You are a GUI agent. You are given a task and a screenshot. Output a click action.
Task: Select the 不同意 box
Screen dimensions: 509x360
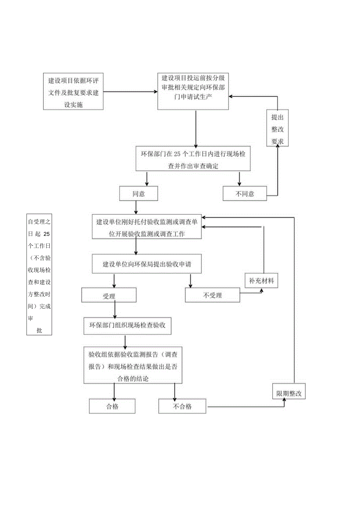(x=245, y=194)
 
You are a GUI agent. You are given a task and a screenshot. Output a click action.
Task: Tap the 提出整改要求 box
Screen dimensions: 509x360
(x=277, y=128)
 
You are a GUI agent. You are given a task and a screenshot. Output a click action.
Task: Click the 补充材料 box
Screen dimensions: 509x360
(x=262, y=281)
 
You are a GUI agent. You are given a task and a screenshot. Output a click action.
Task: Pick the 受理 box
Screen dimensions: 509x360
(x=109, y=296)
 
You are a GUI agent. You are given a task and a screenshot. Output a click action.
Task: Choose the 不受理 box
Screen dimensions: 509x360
(x=212, y=296)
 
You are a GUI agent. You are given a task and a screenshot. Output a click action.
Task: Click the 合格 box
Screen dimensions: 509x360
(x=112, y=406)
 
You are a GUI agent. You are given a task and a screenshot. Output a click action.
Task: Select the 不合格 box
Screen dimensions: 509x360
(x=182, y=406)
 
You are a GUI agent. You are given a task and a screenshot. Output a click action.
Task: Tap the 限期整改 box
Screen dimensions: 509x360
(x=289, y=393)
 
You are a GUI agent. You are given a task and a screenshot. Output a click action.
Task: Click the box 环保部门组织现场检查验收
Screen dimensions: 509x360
(x=128, y=325)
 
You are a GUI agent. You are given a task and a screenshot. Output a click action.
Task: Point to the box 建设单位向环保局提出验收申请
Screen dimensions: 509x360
(x=147, y=264)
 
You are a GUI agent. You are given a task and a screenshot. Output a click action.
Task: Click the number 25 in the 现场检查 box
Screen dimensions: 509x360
(x=176, y=154)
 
